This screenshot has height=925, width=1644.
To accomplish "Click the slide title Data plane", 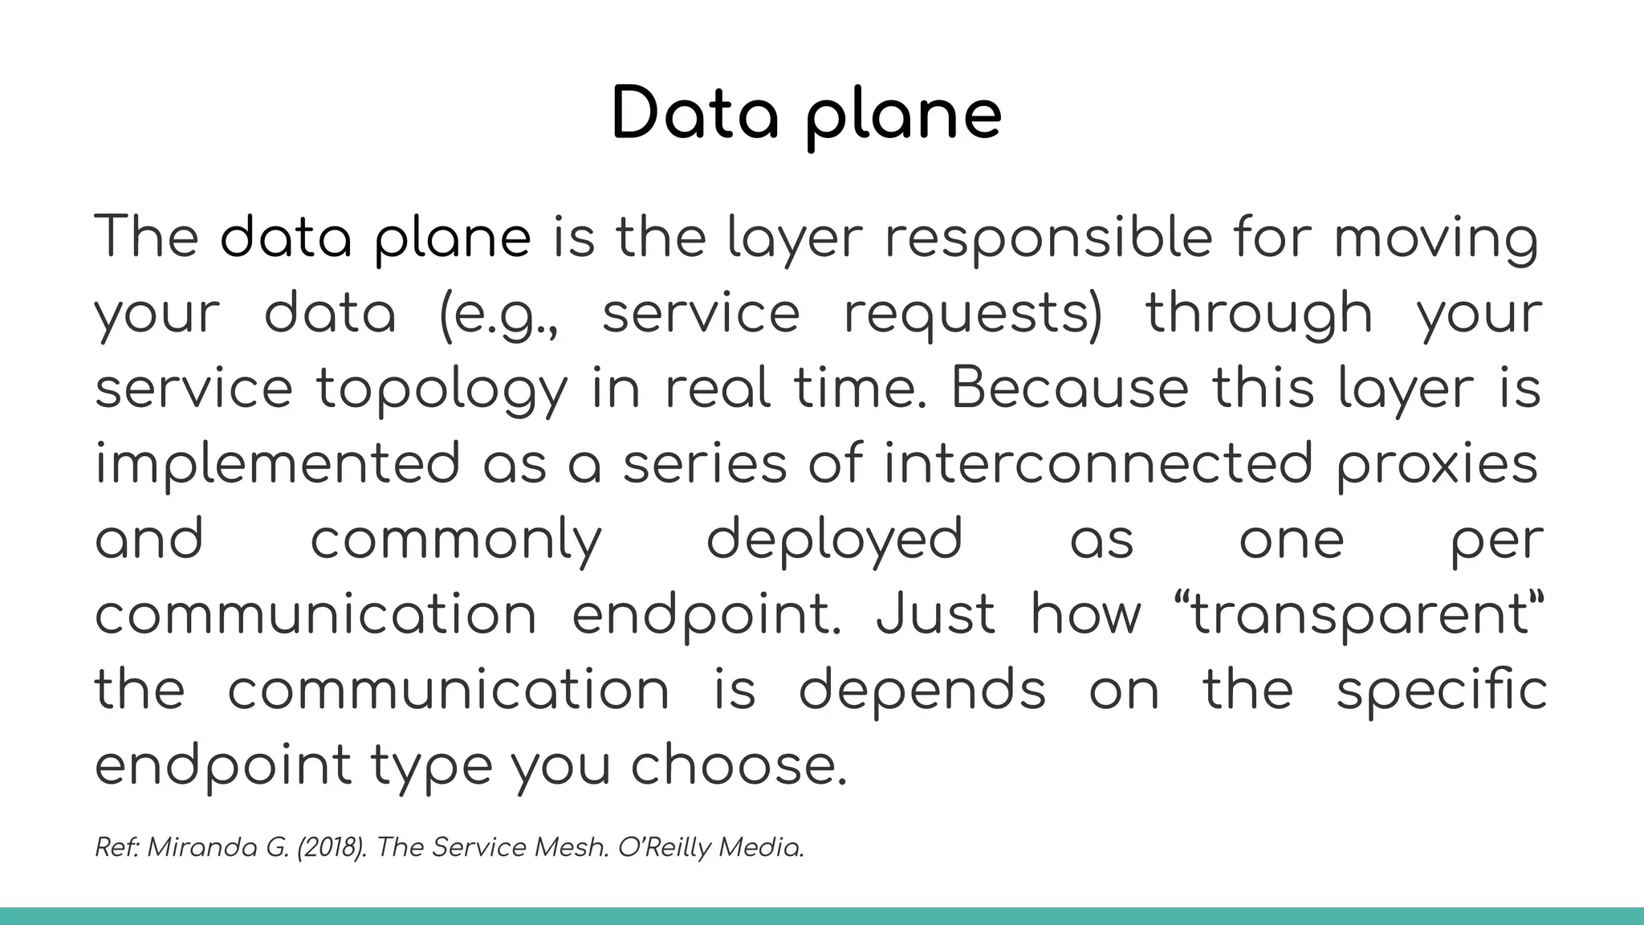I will (806, 115).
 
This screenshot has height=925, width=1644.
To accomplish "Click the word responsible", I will (1048, 238).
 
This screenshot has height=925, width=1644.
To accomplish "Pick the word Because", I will (1068, 388).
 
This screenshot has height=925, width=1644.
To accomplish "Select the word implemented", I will (277, 464).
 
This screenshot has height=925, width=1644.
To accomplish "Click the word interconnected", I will (1097, 463).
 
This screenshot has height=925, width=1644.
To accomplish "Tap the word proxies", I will (1437, 464).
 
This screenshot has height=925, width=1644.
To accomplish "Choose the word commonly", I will (455, 540).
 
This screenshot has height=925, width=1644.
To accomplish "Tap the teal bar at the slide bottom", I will (822, 916).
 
